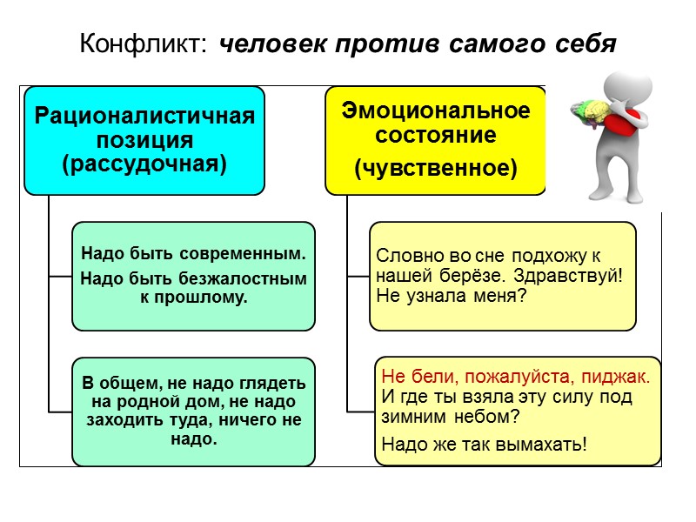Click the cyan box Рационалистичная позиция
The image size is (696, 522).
pyautogui.click(x=144, y=140)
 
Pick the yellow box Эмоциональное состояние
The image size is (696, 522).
pyautogui.click(x=435, y=140)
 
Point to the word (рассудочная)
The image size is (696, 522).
pyautogui.click(x=144, y=164)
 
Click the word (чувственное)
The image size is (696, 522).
pyautogui.click(x=435, y=169)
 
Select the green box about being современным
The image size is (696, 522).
pyautogui.click(x=193, y=276)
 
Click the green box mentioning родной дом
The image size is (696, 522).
pyautogui.click(x=193, y=411)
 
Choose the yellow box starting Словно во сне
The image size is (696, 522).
pyautogui.click(x=503, y=276)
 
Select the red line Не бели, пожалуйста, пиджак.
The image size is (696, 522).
pyautogui.click(x=516, y=378)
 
